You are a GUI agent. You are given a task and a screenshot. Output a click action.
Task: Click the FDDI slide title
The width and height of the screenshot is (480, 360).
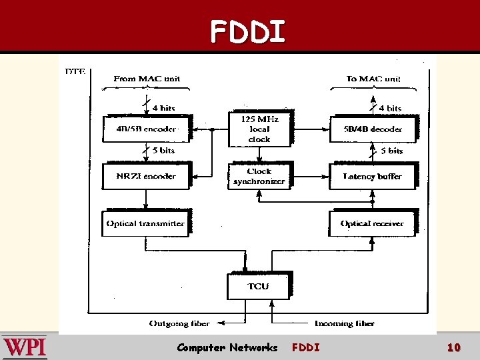click(x=248, y=31)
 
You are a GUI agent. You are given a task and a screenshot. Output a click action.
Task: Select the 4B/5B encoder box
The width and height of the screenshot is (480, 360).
click(x=146, y=129)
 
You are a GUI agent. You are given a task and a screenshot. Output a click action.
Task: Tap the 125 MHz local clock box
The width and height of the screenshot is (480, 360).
click(x=259, y=129)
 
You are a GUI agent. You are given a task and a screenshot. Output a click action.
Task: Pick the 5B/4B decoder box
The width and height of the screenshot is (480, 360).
click(x=373, y=129)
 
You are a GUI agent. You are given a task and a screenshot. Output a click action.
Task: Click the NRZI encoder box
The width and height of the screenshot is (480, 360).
click(x=146, y=176)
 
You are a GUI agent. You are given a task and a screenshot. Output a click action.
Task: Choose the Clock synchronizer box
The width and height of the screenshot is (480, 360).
click(x=259, y=176)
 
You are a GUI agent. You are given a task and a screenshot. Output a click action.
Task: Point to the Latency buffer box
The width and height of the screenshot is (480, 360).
click(x=373, y=176)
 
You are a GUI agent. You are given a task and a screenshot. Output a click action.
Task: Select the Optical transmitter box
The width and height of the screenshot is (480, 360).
click(x=145, y=223)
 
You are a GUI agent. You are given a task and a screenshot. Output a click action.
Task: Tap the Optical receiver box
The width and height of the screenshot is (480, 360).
click(x=372, y=223)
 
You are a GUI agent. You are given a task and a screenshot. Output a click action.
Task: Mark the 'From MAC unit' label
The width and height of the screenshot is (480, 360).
click(x=147, y=79)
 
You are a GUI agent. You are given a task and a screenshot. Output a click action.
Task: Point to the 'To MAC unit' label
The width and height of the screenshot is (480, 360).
click(x=373, y=79)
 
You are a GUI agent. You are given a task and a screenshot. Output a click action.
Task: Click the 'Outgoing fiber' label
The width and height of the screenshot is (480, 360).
click(x=179, y=323)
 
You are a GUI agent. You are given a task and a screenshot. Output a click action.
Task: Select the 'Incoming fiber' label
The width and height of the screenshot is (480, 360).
click(x=344, y=323)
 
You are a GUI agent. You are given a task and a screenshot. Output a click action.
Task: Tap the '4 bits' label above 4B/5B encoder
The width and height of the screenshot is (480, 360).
click(x=163, y=108)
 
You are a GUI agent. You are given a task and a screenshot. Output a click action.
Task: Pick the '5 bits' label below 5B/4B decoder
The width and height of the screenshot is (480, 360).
click(x=391, y=151)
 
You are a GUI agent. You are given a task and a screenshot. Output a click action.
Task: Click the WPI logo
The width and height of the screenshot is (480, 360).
click(x=25, y=347)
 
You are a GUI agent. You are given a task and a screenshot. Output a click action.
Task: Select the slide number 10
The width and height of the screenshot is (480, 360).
click(x=453, y=347)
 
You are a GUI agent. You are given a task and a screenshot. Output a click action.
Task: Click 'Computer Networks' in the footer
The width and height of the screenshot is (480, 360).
click(x=227, y=347)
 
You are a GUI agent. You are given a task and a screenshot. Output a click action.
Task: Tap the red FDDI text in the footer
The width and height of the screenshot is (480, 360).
click(x=305, y=347)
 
